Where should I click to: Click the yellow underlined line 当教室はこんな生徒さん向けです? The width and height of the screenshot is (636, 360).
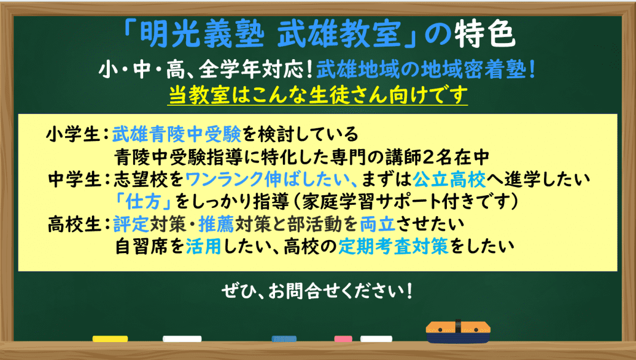coord(317,95)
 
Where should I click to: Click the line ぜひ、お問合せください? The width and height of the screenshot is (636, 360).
coord(317,293)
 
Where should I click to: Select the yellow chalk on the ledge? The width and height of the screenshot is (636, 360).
coord(110,339)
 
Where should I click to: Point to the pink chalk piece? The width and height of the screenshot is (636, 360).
coord(343,339)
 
